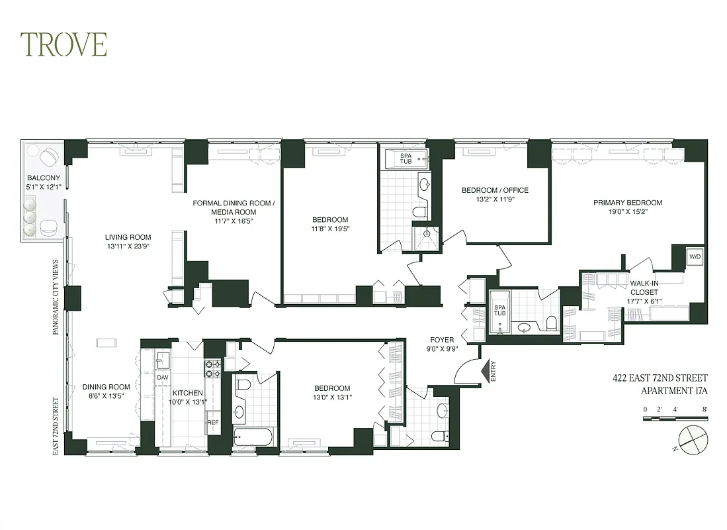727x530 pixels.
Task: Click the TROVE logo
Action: (x=64, y=44)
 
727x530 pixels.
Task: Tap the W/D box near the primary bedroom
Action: (x=694, y=256)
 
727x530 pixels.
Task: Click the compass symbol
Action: (x=693, y=439)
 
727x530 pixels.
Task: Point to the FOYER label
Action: (x=442, y=340)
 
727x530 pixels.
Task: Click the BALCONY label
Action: (x=43, y=178)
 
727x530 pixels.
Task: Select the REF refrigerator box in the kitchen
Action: (x=213, y=422)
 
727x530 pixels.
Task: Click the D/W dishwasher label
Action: (x=162, y=378)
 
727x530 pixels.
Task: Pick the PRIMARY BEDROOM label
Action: (x=627, y=203)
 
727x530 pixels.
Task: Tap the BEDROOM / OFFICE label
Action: (x=495, y=191)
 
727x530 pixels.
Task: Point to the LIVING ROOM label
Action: (x=128, y=237)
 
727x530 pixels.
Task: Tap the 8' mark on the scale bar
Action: (x=706, y=409)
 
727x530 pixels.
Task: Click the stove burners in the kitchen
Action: (x=212, y=368)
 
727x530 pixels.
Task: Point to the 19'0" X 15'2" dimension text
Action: (x=627, y=212)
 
